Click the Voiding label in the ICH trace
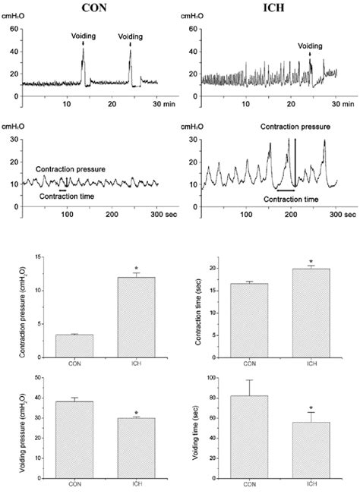pyautogui.click(x=309, y=46)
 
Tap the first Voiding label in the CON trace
pyautogui.click(x=84, y=36)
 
